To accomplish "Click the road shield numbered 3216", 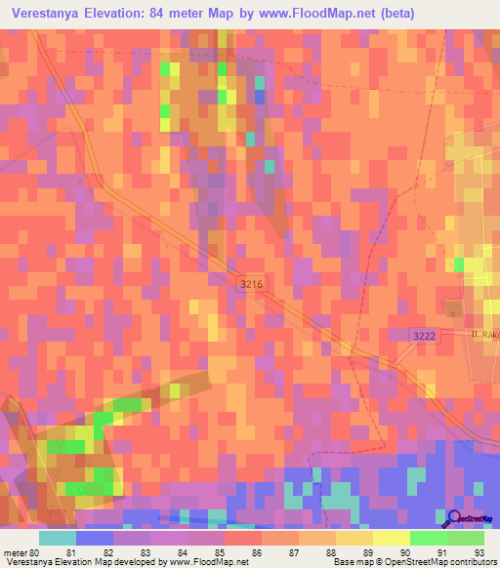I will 250,282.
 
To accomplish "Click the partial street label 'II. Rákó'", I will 481,334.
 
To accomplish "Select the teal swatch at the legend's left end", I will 58,538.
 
